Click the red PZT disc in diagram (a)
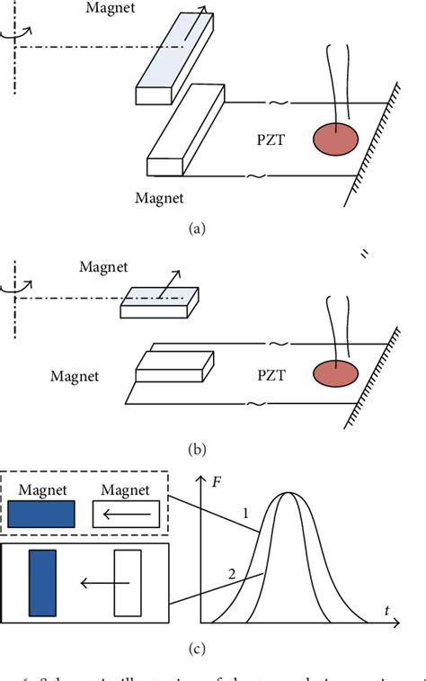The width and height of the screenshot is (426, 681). coord(334,140)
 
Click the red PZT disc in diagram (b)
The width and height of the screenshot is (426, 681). coord(334,373)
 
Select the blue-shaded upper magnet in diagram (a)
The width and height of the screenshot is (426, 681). coord(176,56)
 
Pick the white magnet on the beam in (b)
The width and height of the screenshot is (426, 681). coord(174,364)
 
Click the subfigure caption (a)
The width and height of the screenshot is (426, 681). coord(196,228)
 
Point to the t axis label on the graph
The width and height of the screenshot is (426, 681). coord(387,611)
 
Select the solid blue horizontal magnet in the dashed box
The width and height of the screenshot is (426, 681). coord(42,515)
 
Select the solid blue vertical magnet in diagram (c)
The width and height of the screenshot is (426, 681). coord(42,582)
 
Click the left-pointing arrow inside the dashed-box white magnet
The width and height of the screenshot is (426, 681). coord(129,515)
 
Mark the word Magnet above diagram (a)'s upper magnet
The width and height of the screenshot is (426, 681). coord(111,7)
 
